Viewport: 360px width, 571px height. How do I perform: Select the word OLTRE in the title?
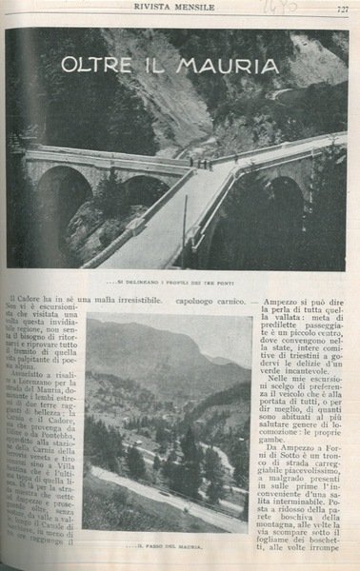98,67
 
